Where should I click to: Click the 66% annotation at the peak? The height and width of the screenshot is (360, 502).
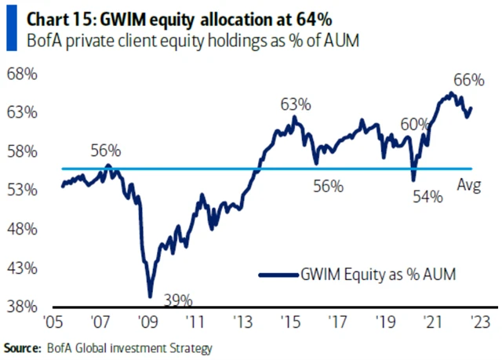pos(467,79)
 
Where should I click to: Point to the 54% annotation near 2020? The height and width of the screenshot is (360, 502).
pos(428,198)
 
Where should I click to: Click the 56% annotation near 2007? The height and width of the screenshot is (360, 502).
pos(105,150)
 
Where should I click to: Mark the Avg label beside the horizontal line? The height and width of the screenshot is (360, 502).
pos(468,186)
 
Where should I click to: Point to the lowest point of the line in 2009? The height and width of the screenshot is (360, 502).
pos(149,296)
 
